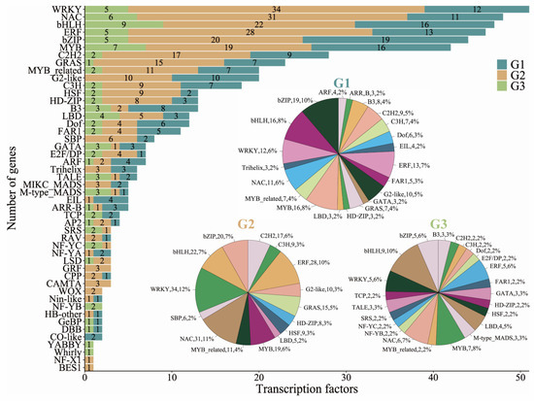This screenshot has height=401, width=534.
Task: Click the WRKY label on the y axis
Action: [x=66, y=8]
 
